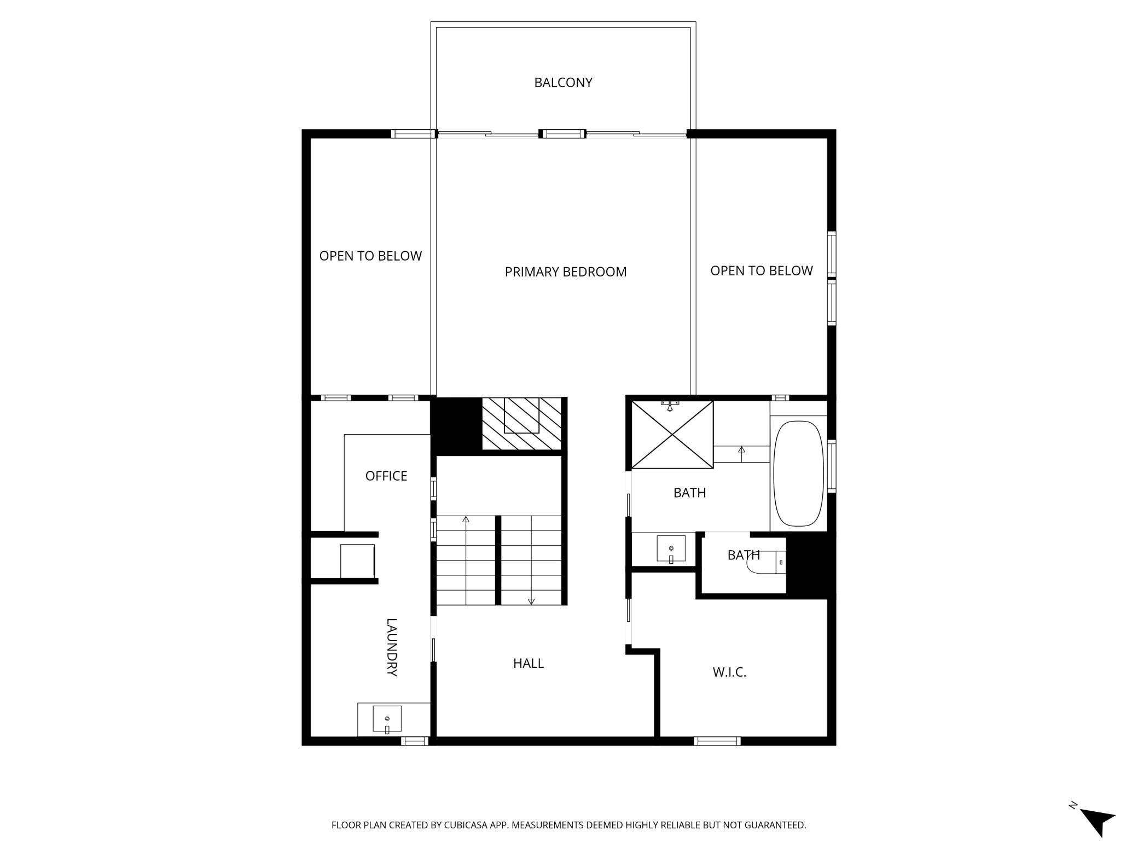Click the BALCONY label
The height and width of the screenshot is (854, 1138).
[x=563, y=83]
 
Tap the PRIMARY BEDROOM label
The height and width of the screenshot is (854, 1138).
[x=565, y=272]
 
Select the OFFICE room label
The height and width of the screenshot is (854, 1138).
[x=386, y=476]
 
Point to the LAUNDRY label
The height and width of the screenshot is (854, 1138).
[x=392, y=647]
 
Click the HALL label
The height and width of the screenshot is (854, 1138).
[x=529, y=663]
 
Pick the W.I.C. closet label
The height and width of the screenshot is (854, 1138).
[x=729, y=672]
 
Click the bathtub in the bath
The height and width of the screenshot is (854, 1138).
[x=798, y=474]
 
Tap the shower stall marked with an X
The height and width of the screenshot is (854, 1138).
[x=672, y=435]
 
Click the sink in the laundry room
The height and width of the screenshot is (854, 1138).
[x=387, y=719]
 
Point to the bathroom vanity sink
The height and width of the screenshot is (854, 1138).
[x=671, y=549]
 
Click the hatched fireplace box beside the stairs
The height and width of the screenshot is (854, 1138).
[x=522, y=424]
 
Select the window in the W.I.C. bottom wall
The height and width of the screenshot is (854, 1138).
[x=717, y=741]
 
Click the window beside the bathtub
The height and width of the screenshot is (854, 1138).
[x=832, y=466]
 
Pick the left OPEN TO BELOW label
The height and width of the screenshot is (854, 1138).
[x=370, y=256]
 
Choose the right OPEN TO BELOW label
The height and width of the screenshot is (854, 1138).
[x=762, y=271]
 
